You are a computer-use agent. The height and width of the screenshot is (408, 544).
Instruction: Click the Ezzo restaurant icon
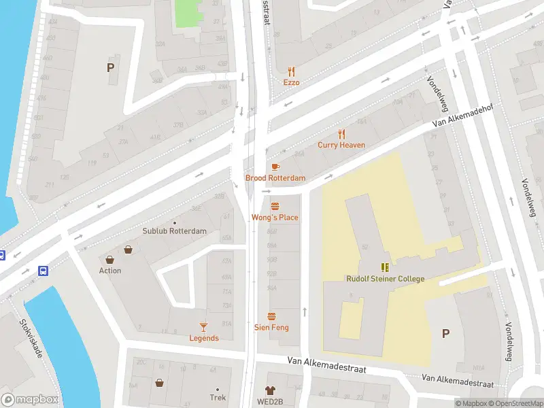point(292,71)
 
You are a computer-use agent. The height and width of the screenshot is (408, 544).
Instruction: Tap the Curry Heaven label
point(341,145)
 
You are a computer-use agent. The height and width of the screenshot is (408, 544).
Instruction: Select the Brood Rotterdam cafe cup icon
point(275,167)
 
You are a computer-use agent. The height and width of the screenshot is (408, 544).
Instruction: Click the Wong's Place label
point(275,218)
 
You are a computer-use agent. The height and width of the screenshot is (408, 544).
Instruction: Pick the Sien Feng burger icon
point(272,316)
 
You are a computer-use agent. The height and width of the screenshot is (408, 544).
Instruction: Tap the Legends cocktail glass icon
point(203,327)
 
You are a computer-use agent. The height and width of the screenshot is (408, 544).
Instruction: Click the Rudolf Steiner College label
point(385,279)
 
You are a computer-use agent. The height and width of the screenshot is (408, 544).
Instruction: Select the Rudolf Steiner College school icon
point(385,267)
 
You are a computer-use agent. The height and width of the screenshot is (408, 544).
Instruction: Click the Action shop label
point(110,271)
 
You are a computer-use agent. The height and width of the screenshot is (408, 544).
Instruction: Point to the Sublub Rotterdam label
point(174,231)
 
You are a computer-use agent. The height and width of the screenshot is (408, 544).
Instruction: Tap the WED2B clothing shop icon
point(271,390)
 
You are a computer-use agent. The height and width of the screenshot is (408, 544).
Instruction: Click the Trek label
point(218,398)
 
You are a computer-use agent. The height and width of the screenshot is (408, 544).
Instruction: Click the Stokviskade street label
point(31,340)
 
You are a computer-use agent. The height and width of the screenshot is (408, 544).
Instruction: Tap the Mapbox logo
point(30,400)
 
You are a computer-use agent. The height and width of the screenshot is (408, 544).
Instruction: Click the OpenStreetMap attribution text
point(514,403)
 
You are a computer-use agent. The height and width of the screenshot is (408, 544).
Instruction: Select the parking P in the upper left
point(110,67)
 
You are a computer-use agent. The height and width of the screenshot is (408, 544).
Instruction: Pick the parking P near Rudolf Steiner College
point(446,333)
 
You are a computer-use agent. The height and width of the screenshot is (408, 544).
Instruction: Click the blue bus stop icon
point(44,271)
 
